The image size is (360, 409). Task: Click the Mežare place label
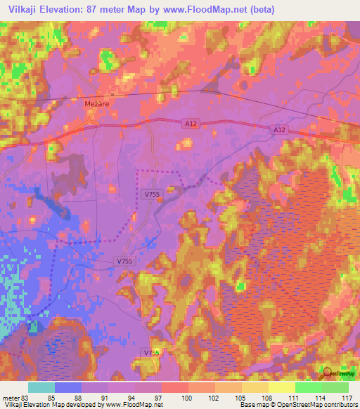pos(97,103)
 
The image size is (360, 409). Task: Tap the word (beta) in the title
pos(260,10)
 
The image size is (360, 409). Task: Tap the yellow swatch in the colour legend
pos(282,387)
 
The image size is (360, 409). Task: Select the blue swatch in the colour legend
pos(68,387)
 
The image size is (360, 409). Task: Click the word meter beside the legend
pos(10,397)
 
